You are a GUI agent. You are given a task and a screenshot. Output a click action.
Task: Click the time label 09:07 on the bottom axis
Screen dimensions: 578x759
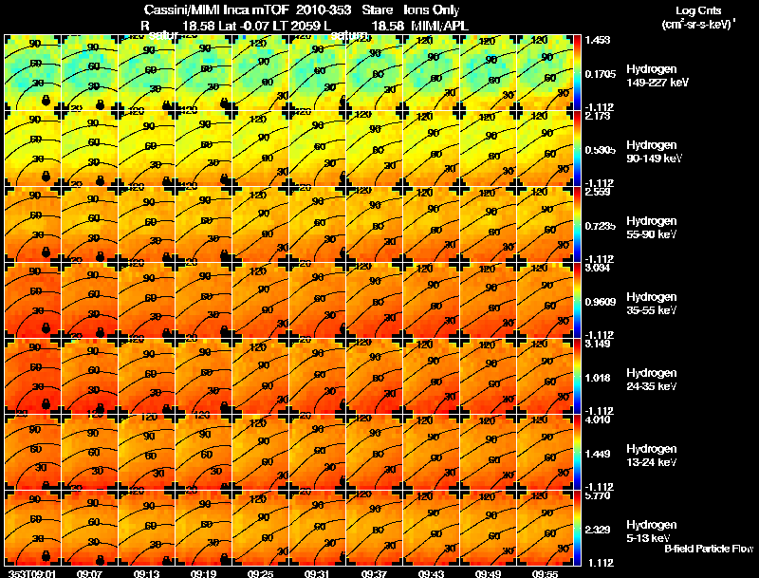coord(90,572)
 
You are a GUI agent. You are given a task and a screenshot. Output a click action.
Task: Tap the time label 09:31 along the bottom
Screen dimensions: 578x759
coord(318,572)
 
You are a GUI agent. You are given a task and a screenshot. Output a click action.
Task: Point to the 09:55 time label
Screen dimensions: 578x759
coord(546,572)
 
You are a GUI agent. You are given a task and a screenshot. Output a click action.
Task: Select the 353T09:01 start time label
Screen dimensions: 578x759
coord(31,572)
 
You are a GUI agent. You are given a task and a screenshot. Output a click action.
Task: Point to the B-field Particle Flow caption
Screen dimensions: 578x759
coord(708,549)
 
